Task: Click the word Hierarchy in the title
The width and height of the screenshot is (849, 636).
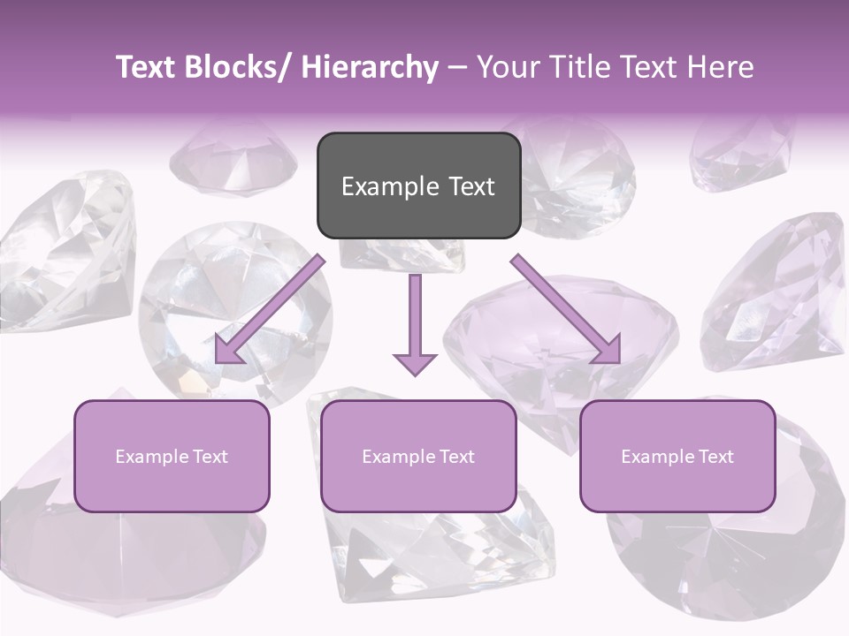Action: pos(370,67)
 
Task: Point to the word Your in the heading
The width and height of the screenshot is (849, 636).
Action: pos(503,67)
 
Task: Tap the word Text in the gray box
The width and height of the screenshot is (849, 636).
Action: pos(470,186)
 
